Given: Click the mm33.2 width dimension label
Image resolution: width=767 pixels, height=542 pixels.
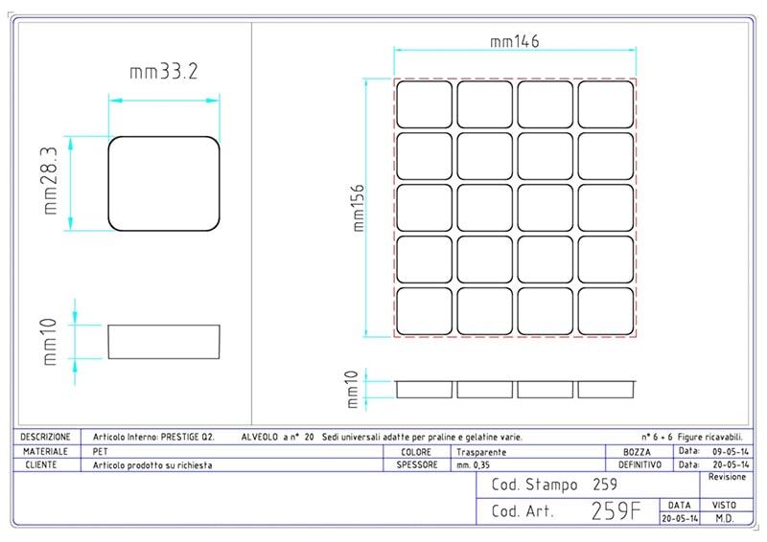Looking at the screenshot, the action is click(164, 72).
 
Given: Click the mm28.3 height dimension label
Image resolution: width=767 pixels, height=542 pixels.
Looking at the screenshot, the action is click(51, 181).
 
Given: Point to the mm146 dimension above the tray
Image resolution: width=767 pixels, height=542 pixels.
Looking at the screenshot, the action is click(515, 41).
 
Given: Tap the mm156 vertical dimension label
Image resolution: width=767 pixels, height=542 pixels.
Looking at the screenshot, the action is click(359, 208).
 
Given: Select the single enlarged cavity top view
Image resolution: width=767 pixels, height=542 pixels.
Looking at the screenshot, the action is click(164, 183).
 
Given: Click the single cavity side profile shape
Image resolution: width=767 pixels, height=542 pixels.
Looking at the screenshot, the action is click(164, 342).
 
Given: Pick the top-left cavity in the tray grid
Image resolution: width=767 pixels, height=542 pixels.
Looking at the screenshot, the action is click(424, 104).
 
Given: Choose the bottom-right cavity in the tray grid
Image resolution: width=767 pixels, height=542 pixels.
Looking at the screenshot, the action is click(606, 311).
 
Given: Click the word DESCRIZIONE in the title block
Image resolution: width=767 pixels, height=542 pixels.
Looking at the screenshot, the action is click(45, 437).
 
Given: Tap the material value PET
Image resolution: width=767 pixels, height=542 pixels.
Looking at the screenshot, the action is click(101, 451).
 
